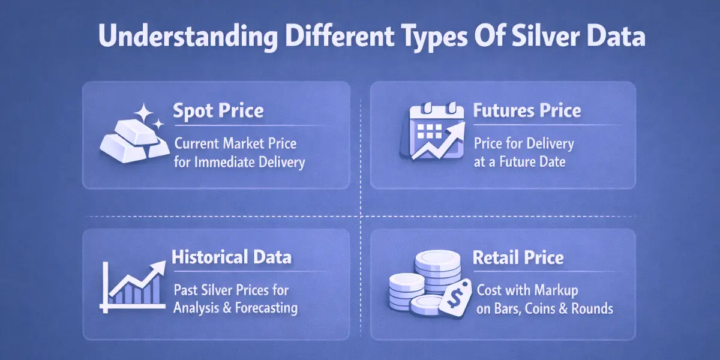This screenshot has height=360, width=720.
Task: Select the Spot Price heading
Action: click(x=218, y=111)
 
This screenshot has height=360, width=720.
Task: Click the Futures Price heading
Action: click(x=527, y=111)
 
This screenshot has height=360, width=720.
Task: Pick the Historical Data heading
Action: click(x=232, y=258)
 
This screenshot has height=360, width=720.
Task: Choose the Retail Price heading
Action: click(x=518, y=258)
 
